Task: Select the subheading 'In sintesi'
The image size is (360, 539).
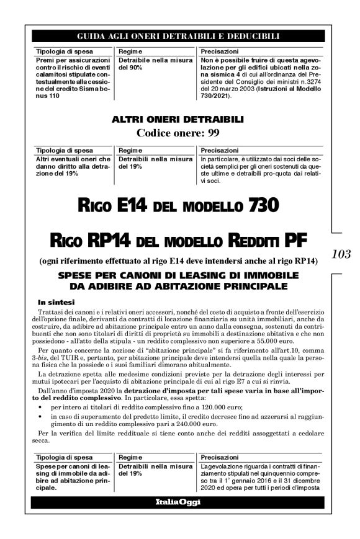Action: (55, 301)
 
